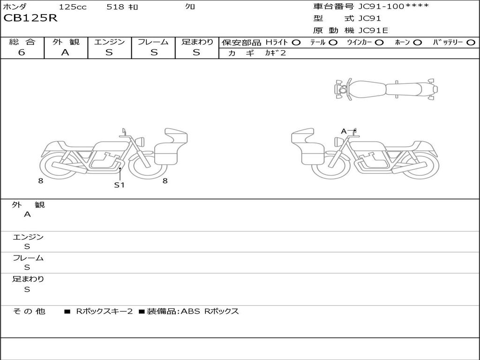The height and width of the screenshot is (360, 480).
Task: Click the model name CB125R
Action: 30,18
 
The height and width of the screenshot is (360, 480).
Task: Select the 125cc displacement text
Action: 73,7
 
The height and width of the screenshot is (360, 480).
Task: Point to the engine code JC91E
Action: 373,30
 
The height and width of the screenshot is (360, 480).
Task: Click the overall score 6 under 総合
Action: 22,52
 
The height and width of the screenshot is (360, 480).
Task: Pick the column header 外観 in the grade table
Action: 66,42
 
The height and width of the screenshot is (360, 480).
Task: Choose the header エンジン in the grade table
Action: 109,42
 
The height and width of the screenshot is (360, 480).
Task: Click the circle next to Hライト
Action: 296,43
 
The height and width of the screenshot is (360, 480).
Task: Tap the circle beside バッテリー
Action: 471,43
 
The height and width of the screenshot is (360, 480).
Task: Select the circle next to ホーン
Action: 418,43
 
